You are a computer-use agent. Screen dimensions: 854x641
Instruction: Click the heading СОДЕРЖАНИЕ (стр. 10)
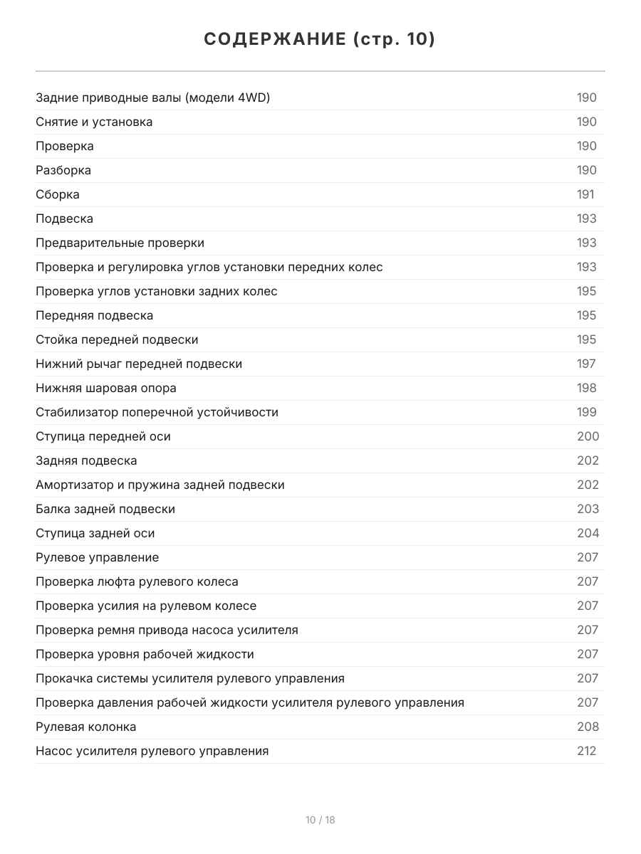coord(320,39)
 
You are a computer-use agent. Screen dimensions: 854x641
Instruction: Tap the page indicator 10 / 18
coord(320,820)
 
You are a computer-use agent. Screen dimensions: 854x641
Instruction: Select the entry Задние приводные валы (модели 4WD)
coord(152,97)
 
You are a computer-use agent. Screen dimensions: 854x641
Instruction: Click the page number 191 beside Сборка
coord(585,194)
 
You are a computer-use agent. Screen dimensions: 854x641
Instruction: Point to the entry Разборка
coord(63,170)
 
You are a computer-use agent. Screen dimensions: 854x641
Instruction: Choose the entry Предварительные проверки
coord(120,243)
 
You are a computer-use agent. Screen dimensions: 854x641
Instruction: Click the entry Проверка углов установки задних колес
coord(157,291)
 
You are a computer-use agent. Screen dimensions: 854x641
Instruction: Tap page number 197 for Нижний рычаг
coord(586,364)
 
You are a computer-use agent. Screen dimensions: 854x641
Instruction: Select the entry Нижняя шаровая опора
coord(106,388)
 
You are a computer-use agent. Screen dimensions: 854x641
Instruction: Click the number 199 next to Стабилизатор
coord(587,412)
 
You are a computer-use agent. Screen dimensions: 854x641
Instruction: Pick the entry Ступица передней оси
coord(103,436)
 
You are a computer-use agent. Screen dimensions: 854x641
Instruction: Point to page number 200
coord(588,436)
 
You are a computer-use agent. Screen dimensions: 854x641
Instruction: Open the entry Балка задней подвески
coord(105,509)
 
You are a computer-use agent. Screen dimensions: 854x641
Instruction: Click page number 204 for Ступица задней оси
coord(588,533)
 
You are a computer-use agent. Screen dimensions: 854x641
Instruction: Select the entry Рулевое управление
coord(98,557)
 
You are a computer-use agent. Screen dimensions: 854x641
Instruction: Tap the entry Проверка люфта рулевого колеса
coord(137,581)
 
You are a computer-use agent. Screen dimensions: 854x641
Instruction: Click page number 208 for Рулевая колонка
coord(588,727)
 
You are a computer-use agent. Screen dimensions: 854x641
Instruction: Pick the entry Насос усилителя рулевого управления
coord(152,751)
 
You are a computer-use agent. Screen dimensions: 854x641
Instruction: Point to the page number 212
coord(586,751)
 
